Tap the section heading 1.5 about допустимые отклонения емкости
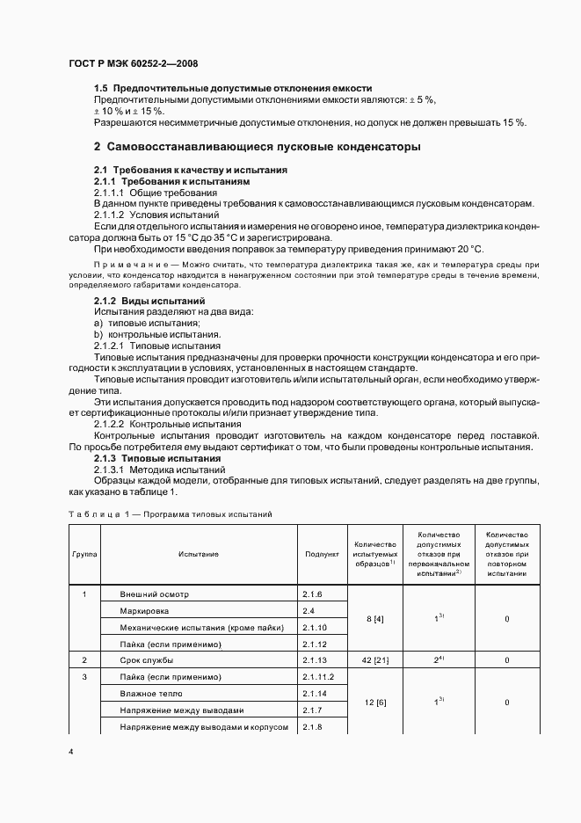click(233, 89)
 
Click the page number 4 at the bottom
click(70, 753)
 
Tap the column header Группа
click(84, 555)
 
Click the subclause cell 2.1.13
click(315, 659)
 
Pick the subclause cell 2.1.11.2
click(319, 677)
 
